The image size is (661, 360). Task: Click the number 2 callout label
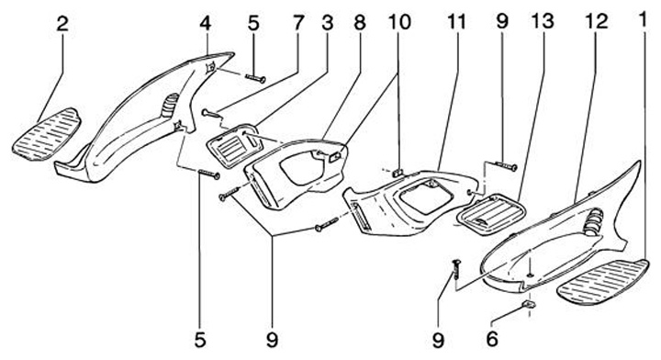click(x=62, y=24)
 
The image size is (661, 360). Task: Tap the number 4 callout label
click(x=206, y=23)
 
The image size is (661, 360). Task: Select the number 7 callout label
click(x=298, y=23)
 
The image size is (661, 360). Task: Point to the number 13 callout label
click(x=543, y=21)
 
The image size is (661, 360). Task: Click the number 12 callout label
click(x=596, y=21)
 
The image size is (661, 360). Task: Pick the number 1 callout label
click(x=643, y=20)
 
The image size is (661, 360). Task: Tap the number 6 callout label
click(x=492, y=339)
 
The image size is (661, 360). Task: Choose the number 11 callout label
click(x=456, y=21)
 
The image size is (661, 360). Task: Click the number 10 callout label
click(x=399, y=21)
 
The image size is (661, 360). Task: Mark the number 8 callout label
click(x=360, y=22)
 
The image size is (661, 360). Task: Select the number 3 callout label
click(x=328, y=23)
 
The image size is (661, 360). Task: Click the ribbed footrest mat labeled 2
click(x=46, y=134)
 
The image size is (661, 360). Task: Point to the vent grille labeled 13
click(x=491, y=212)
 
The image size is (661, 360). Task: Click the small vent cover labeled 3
click(x=234, y=145)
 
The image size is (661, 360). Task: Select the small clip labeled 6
click(x=530, y=304)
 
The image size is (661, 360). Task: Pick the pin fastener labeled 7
click(x=211, y=113)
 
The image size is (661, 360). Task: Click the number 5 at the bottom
click(x=200, y=339)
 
